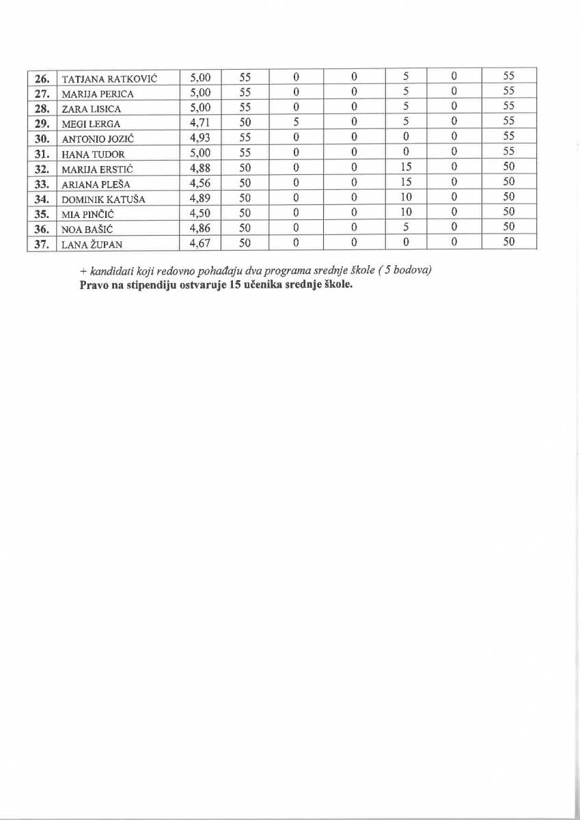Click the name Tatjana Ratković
pyautogui.click(x=109, y=79)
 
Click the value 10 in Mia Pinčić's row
pyautogui.click(x=406, y=213)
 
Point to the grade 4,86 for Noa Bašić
pyautogui.click(x=201, y=228)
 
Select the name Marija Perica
pyautogui.click(x=98, y=94)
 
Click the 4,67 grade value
pyautogui.click(x=201, y=243)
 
